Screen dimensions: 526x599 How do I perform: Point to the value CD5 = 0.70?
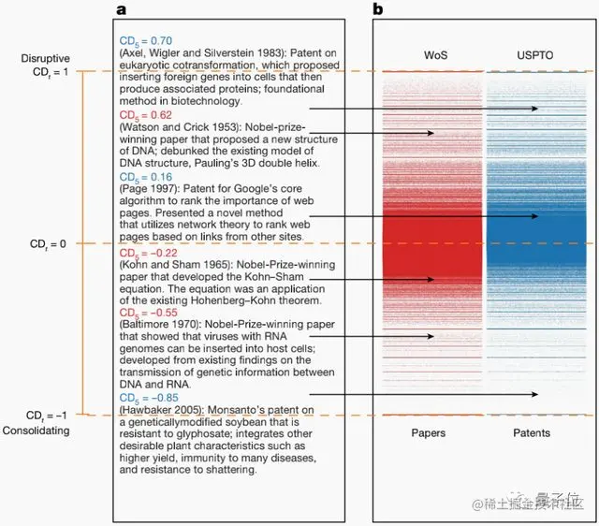coord(145,42)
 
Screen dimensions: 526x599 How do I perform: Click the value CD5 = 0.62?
coord(145,114)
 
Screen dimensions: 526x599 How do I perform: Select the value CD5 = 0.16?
coord(145,175)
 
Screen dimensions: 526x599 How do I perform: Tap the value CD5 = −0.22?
coord(148,253)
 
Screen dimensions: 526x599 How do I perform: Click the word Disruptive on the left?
coord(44,58)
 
